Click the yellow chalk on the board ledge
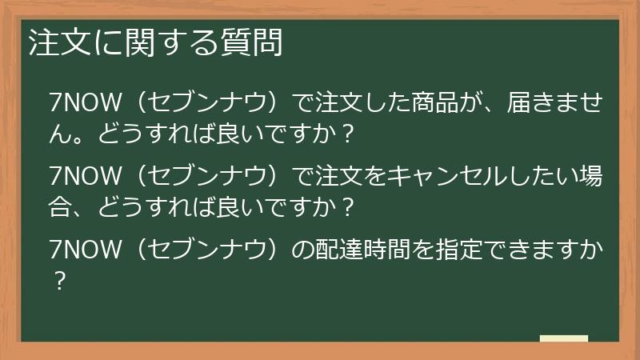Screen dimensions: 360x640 click(x=564, y=338)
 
